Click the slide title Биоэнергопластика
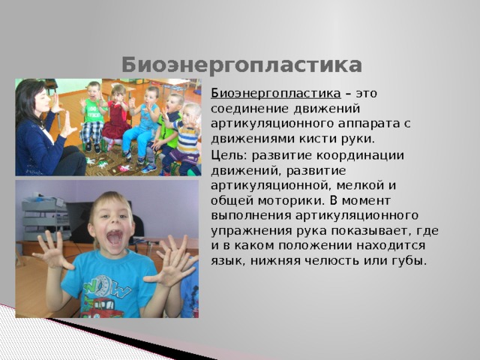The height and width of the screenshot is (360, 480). pyautogui.click(x=241, y=65)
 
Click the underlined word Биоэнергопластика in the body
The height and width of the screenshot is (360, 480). pyautogui.click(x=275, y=93)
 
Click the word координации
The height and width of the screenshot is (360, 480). pyautogui.click(x=360, y=156)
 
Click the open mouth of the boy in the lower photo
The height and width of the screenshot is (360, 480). pyautogui.click(x=115, y=238)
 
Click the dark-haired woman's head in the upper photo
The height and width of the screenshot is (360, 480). pyautogui.click(x=33, y=98)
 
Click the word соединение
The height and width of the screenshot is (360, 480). pyautogui.click(x=250, y=109)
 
